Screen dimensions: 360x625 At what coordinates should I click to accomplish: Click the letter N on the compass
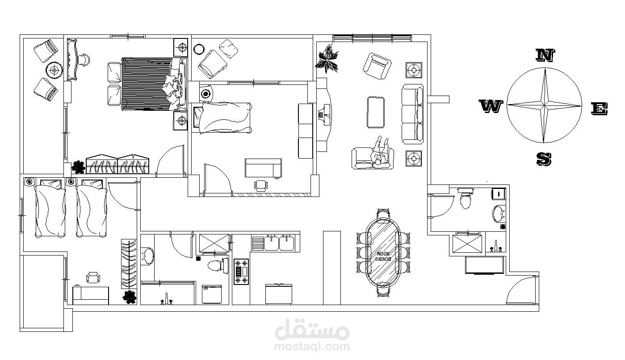pos(545,55)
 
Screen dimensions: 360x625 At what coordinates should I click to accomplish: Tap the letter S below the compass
pos(544,159)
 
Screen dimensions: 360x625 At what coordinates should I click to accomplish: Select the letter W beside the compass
pos(491,107)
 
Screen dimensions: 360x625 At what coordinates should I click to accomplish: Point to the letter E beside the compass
pos(599,109)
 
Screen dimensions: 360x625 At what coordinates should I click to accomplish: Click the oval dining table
pos(383,253)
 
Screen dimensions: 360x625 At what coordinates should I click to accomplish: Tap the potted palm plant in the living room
pos(327,59)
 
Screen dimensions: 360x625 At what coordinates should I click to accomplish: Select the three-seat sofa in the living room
pos(412,113)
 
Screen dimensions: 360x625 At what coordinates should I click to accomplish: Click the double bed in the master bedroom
pos(147,83)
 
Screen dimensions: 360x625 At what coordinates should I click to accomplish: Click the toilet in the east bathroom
pos(466,199)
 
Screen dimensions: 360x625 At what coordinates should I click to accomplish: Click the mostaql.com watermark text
pos(312,346)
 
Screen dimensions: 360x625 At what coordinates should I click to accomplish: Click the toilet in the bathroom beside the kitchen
pos(216,265)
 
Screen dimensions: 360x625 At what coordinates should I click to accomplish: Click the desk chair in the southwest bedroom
pos(93,278)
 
